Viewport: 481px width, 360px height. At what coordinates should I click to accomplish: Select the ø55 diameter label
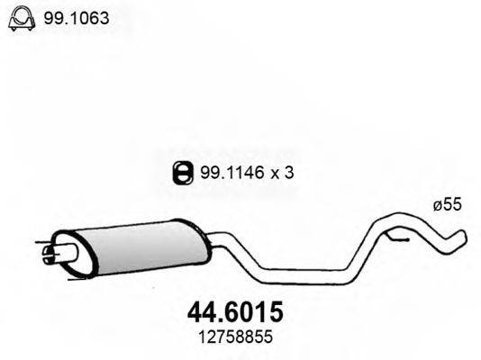448,206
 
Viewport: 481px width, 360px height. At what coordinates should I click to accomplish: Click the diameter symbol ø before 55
438,206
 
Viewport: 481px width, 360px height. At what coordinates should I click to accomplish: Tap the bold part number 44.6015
235,312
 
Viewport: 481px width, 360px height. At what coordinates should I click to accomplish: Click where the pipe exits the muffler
205,238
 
